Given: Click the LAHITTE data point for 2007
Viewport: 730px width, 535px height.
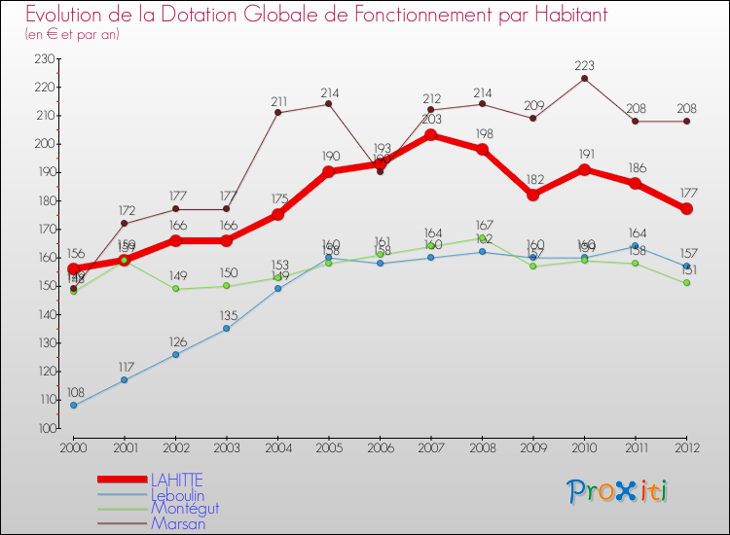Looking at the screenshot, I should click(431, 135).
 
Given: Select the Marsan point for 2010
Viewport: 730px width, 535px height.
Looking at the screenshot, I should click(584, 78).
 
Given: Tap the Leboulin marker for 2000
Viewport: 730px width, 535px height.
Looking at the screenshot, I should click(73, 405).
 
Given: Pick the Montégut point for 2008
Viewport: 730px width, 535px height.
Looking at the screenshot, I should click(482, 237).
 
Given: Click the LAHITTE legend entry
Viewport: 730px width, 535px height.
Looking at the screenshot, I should click(176, 480).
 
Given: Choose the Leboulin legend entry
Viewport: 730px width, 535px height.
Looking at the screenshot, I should click(177, 494).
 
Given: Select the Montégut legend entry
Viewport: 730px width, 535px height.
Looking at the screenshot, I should click(184, 509).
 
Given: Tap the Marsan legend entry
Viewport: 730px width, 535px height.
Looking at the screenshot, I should click(177, 523).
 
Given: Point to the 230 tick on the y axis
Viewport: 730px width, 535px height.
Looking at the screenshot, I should click(43, 58).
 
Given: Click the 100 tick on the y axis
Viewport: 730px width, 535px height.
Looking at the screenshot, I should click(43, 428).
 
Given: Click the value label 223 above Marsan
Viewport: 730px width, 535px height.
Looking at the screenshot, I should click(584, 66).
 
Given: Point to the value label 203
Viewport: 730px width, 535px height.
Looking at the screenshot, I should click(431, 120).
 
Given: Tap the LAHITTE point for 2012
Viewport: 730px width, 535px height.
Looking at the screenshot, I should click(686, 209).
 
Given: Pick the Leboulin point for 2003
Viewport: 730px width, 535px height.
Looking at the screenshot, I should click(227, 328).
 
